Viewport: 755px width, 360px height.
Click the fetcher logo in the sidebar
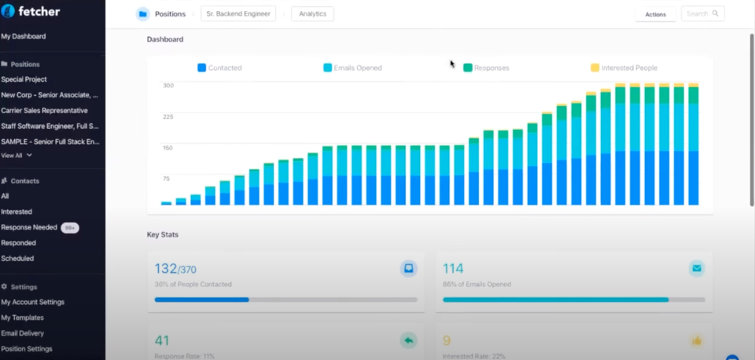pos(31,11)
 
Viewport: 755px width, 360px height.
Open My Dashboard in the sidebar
pos(24,36)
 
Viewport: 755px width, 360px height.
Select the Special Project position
pos(24,79)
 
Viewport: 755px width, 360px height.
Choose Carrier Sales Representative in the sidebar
pos(44,111)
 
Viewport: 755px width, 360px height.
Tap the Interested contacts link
pos(17,211)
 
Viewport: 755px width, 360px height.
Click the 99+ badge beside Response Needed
pos(69,227)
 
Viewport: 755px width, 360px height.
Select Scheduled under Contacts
pos(17,258)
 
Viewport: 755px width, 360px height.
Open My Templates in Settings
pos(22,318)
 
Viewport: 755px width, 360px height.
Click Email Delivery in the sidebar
pos(22,333)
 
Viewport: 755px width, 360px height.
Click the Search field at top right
pos(702,13)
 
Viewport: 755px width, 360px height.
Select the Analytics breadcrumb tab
pos(312,14)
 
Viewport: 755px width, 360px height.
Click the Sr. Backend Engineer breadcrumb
pos(238,14)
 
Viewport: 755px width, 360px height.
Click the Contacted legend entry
pos(219,68)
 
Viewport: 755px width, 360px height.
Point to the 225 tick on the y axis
pos(168,116)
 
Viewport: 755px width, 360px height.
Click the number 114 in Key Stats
pos(453,269)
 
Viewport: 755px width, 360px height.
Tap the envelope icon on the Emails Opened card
pos(696,269)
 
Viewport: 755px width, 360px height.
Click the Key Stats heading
pos(163,234)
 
